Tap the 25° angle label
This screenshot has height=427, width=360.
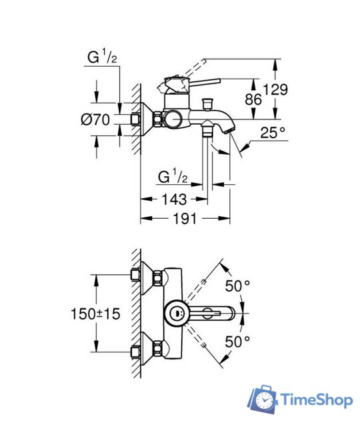[x=273, y=133]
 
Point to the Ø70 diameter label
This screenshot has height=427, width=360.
[x=96, y=120]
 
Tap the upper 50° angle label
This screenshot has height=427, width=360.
[x=237, y=286]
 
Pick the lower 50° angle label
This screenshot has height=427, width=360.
[x=237, y=341]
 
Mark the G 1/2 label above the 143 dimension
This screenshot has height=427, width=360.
[x=172, y=177]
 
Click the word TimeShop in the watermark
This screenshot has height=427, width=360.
[x=313, y=400]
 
